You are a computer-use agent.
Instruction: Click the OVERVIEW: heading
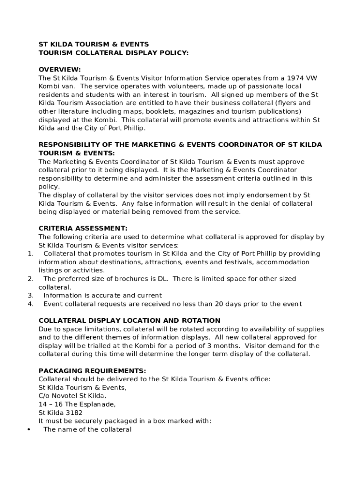click(59, 69)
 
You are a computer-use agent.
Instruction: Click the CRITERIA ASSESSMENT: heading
click(83, 228)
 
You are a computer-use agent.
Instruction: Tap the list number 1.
click(30, 254)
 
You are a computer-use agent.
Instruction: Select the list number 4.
click(30, 304)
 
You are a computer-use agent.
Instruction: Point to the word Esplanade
click(95, 404)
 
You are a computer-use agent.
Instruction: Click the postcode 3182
click(74, 413)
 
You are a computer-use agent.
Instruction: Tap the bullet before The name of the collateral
click(29, 429)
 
